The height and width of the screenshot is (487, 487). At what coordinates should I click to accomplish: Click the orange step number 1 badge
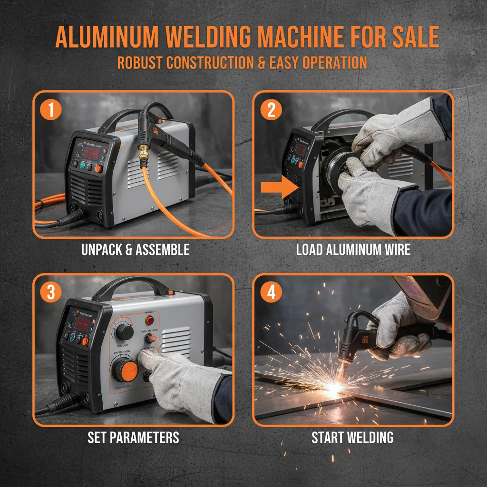point(51,110)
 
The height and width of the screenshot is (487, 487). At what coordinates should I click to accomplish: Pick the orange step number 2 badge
point(272,110)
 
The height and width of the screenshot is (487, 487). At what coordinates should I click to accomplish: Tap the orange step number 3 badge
point(51,293)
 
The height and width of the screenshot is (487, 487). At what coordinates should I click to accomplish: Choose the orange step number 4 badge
point(272,293)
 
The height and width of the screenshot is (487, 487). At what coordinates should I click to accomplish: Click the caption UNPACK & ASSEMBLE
point(135,250)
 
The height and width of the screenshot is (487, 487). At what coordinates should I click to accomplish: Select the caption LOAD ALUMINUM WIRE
point(353,250)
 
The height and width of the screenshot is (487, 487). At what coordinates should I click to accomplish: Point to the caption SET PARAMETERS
point(133,438)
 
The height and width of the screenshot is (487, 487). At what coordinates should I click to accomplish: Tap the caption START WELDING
point(352,438)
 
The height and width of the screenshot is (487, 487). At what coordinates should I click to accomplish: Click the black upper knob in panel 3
point(125,331)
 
